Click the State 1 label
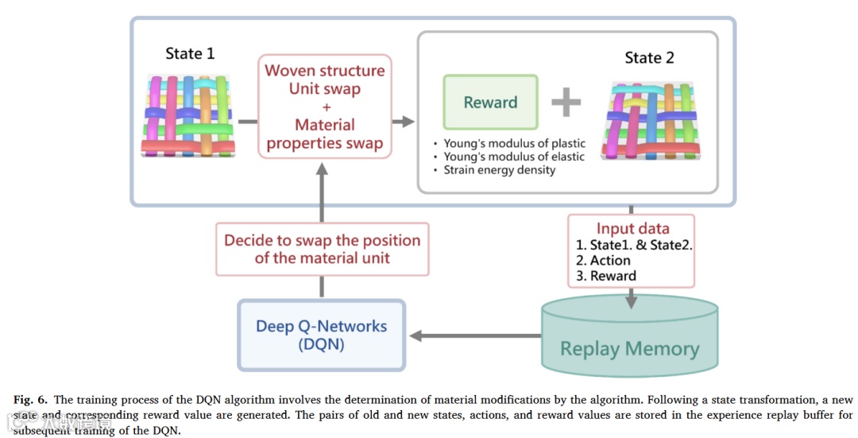190,54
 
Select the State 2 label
649,58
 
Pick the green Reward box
490,103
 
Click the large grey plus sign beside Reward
566,102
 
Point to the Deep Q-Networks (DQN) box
321,335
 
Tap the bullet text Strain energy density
499,169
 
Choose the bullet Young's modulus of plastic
514,144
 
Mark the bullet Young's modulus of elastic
513,157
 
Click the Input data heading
632,229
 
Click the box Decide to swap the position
322,248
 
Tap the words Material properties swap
324,134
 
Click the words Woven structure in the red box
324,71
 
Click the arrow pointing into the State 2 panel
404,121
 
